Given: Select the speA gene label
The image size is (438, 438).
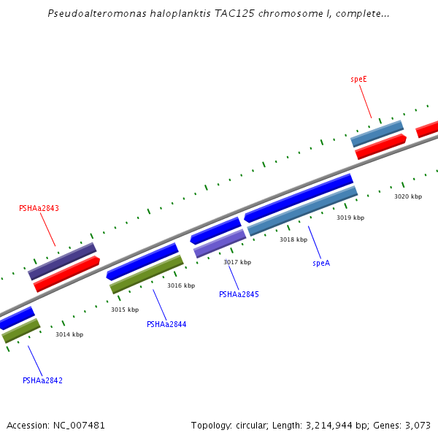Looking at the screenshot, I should [x=321, y=263].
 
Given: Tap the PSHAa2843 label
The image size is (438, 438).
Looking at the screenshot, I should [x=39, y=208].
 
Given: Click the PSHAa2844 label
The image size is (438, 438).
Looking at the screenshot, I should [x=166, y=324].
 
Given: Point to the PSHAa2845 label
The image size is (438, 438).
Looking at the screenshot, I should [x=239, y=294].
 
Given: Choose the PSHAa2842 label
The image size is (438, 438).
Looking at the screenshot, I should [x=42, y=380].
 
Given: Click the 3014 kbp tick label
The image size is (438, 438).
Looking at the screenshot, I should [x=69, y=334].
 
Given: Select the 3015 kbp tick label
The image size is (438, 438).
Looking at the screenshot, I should [x=125, y=310].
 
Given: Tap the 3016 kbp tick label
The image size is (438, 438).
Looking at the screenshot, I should [x=181, y=285].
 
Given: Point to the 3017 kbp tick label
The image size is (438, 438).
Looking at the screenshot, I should [x=237, y=262].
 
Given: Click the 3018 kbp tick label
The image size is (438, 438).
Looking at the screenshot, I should [x=293, y=239].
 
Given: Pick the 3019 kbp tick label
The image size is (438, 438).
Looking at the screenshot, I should [x=350, y=218].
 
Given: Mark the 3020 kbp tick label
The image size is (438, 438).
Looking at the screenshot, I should [x=408, y=196].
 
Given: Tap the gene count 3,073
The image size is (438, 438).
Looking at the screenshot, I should [x=418, y=425].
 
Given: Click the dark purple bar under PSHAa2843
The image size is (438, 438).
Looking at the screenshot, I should [x=63, y=261].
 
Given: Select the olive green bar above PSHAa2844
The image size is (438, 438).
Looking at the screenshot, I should [x=147, y=274].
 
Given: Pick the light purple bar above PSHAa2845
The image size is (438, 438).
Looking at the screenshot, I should [x=220, y=244].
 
